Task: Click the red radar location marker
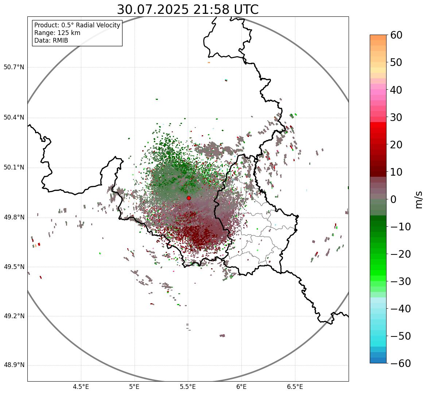coord(189,198)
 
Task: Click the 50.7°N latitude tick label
coord(14,67)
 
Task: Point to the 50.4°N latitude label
coord(14,117)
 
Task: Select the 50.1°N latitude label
coord(14,168)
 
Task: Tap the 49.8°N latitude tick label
coord(14,218)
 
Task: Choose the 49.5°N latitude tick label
coord(14,267)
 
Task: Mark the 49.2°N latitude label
coord(14,316)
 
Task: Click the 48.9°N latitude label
coord(14,365)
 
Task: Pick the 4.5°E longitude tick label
coord(81,387)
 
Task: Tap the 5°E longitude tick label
coord(135,387)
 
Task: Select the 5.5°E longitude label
coord(188,387)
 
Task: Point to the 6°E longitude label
coord(241,387)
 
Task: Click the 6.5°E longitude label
coord(295,387)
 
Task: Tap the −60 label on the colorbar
coord(400,363)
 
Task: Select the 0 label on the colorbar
coord(393,199)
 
